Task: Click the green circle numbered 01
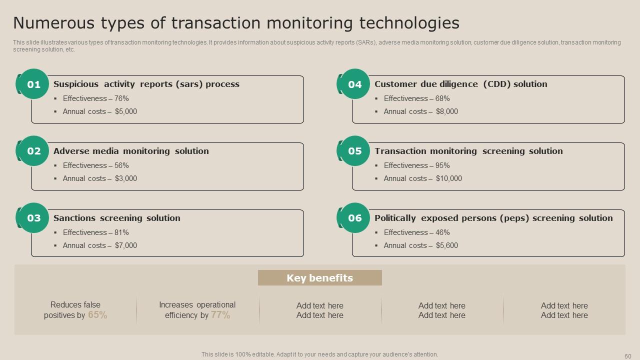tap(33, 84)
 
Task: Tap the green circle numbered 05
tap(354, 151)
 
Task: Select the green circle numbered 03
tap(33, 218)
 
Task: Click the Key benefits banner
tap(319, 278)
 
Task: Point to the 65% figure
tap(97, 315)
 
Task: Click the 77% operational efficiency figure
tap(220, 315)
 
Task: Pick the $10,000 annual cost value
tap(448, 178)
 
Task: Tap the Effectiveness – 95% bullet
tap(416, 165)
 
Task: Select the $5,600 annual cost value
tap(446, 245)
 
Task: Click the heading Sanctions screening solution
tap(116, 218)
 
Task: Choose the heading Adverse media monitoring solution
tap(131, 151)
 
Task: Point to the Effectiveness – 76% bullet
tap(95, 98)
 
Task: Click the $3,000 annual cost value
tap(125, 178)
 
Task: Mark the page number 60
tap(628, 356)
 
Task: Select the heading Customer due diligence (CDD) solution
tap(460, 84)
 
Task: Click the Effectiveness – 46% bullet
tap(416, 232)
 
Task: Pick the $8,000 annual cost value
tap(446, 111)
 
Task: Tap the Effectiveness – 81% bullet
tap(95, 232)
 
